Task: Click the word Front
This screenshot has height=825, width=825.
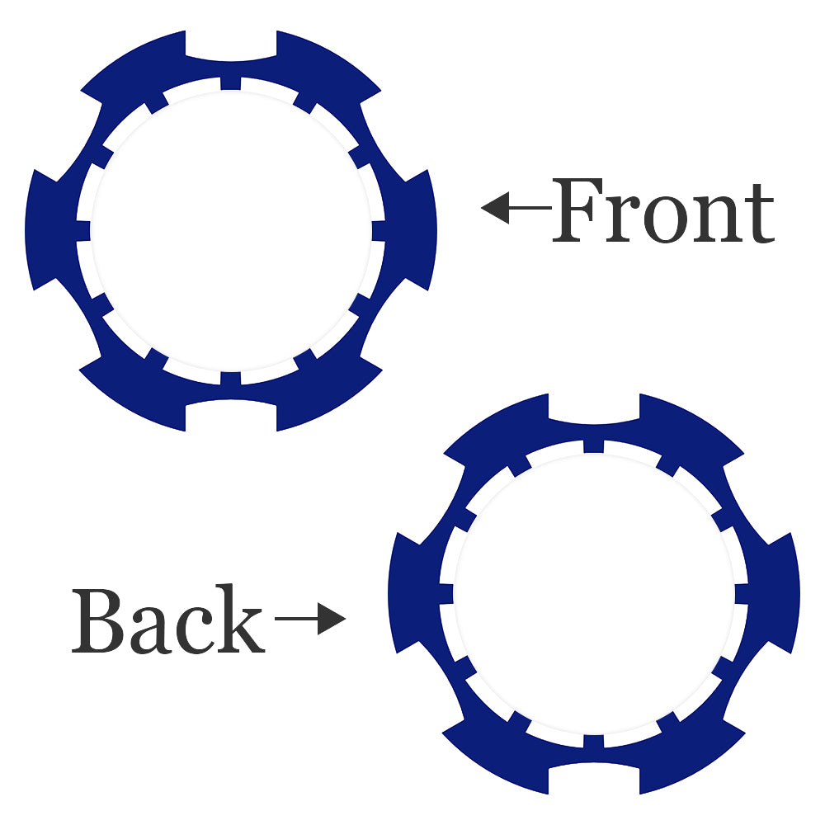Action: pyautogui.click(x=663, y=210)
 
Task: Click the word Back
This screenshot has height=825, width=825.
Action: pyautogui.click(x=167, y=619)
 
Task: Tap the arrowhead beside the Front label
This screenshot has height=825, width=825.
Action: pyautogui.click(x=495, y=208)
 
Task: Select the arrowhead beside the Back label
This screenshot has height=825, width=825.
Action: pyautogui.click(x=332, y=619)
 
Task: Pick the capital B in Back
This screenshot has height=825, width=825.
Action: pyautogui.click(x=98, y=621)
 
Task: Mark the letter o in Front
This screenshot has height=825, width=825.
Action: pyautogui.click(x=666, y=219)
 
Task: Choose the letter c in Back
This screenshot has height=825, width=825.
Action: pyautogui.click(x=194, y=630)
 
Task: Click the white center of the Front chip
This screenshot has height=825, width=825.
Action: pyautogui.click(x=231, y=230)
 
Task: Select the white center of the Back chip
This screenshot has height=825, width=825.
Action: pyautogui.click(x=594, y=593)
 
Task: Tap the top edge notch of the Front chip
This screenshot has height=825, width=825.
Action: pyautogui.click(x=231, y=45)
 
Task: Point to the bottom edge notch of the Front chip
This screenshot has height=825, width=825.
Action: pyautogui.click(x=231, y=416)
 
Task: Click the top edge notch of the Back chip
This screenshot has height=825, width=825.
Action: pyautogui.click(x=594, y=408)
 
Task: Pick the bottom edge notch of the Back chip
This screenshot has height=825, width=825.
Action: pyautogui.click(x=594, y=779)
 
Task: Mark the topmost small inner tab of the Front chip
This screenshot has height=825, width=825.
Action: pyautogui.click(x=231, y=83)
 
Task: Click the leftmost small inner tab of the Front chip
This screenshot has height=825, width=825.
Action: pyautogui.click(x=83, y=230)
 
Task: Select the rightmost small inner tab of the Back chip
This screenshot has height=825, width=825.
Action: pyautogui.click(x=742, y=593)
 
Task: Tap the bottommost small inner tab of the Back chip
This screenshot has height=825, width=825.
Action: pyautogui.click(x=594, y=741)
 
